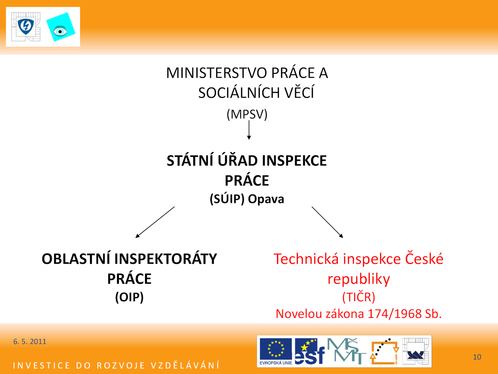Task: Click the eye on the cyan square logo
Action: coord(60,31)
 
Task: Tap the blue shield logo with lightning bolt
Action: coord(26,26)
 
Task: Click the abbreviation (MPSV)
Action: coord(247,114)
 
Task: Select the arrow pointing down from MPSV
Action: coord(249,130)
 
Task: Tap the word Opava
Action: coord(266,199)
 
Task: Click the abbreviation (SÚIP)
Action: coord(227,199)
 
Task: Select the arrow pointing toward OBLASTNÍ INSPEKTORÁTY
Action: coord(155,222)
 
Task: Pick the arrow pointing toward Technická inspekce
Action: coord(327,222)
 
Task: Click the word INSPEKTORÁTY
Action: coord(165,259)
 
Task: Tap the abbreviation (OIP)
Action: coord(129,297)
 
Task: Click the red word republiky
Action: coord(359,279)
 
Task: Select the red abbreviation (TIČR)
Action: coord(359,297)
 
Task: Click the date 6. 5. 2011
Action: coord(30,342)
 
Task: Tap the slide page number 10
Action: coord(477,357)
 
